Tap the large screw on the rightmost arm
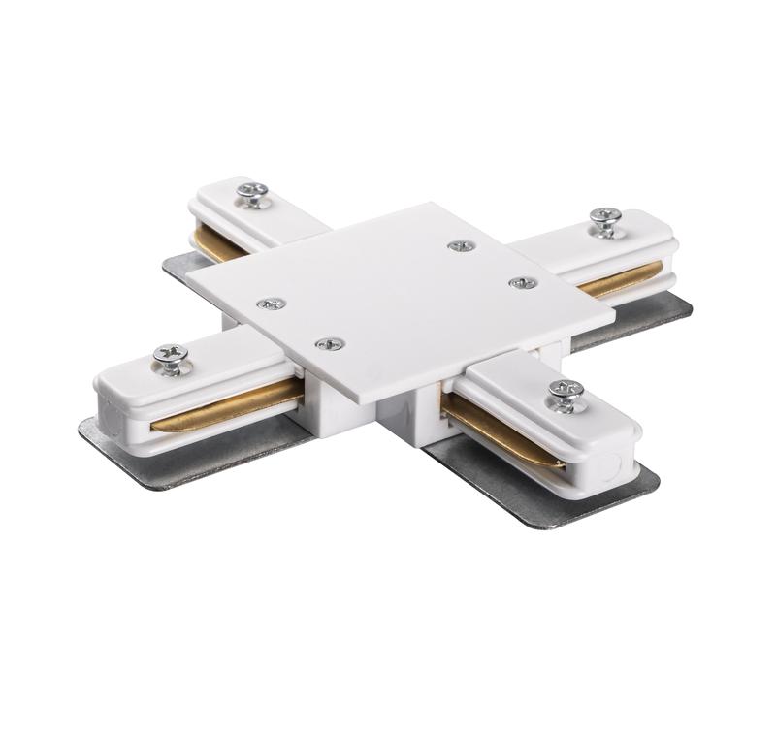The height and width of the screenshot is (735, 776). [x=606, y=220]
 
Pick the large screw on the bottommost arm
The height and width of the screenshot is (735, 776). [x=566, y=395]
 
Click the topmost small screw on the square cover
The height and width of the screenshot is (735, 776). [x=462, y=245]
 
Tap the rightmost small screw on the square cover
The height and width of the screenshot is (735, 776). [x=523, y=282]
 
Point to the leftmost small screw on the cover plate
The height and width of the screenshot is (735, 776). [x=271, y=304]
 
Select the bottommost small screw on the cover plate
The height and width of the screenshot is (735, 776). [x=331, y=342]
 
